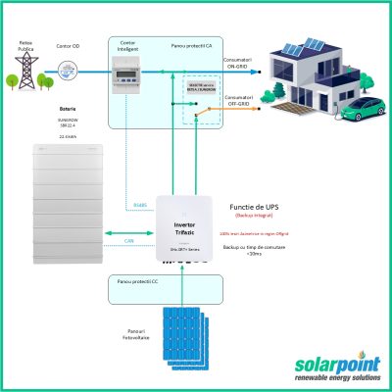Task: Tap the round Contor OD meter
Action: tap(68, 69)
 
